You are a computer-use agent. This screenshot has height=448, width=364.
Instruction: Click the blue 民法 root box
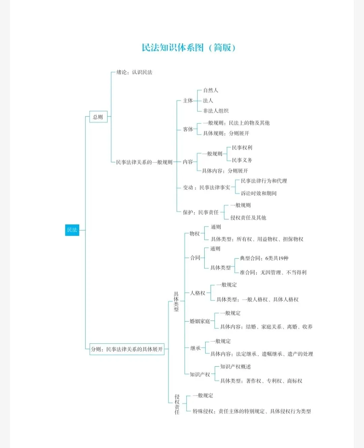72,230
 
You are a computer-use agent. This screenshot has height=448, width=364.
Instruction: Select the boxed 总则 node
98,117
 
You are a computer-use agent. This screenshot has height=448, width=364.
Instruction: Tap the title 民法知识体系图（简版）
188,48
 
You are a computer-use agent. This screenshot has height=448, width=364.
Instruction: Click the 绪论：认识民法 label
134,72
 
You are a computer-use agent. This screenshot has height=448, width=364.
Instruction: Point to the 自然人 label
211,90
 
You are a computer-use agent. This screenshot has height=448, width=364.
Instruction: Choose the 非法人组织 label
216,111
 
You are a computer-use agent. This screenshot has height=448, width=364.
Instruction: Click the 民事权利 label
242,148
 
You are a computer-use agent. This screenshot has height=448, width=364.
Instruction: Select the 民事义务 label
242,160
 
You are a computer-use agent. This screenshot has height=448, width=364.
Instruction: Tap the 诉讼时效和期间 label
259,193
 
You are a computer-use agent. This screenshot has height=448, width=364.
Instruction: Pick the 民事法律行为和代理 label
264,181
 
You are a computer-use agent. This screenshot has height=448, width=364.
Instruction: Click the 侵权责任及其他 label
248,218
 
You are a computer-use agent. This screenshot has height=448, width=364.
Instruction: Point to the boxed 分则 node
127,349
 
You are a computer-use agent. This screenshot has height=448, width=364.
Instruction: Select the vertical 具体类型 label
176,302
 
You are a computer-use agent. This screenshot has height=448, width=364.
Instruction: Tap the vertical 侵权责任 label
177,404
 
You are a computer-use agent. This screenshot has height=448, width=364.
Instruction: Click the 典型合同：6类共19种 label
264,258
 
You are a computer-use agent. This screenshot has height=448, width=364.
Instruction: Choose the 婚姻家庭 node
200,321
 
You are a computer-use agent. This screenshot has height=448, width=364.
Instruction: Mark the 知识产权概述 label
236,367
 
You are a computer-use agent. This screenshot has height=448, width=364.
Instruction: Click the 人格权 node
198,293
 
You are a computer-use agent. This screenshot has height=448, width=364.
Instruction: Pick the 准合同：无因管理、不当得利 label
273,272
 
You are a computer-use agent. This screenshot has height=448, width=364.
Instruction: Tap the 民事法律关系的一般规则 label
144,162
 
